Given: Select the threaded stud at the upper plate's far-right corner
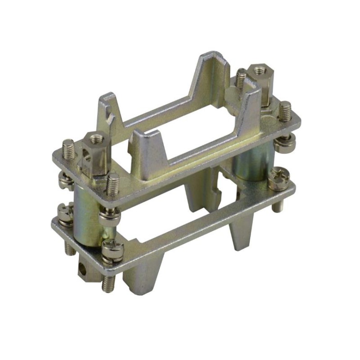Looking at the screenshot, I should (x=284, y=111).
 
